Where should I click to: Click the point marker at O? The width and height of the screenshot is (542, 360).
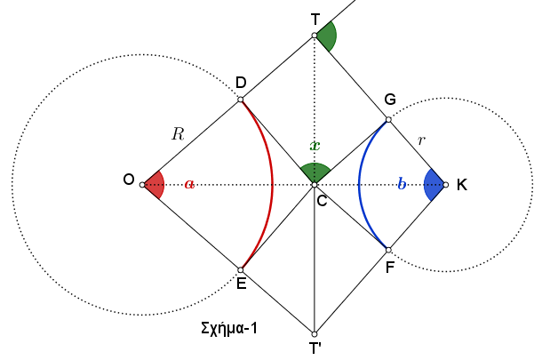coord(142,185)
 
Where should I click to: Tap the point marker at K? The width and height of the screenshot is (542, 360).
coord(445,185)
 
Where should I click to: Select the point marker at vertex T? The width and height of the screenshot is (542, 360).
coord(315,36)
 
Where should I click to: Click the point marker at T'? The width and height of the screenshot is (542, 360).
coord(315,334)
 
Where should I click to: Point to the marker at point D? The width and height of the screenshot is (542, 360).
coord(241,100)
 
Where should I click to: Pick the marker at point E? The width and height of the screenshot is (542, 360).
coord(241,269)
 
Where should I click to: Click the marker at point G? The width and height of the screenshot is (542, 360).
coord(388,120)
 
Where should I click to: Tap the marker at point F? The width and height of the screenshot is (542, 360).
coord(388,250)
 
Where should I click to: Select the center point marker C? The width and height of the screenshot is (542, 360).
coord(315,185)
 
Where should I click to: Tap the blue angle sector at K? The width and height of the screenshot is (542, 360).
coord(434,185)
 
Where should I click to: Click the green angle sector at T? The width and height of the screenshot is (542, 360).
coord(328,36)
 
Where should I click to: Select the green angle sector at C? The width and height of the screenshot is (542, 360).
coord(315,172)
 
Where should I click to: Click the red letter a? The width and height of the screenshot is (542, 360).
coord(189,184)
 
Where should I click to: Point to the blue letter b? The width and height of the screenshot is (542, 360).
coord(402,184)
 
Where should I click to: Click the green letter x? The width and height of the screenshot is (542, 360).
coord(315,146)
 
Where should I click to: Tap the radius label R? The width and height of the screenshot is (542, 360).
coord(178,134)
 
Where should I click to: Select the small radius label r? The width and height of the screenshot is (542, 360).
coord(421,140)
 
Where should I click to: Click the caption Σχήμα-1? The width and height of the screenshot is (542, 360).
coord(229,328)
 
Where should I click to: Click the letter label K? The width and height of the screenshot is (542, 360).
coord(462,185)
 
